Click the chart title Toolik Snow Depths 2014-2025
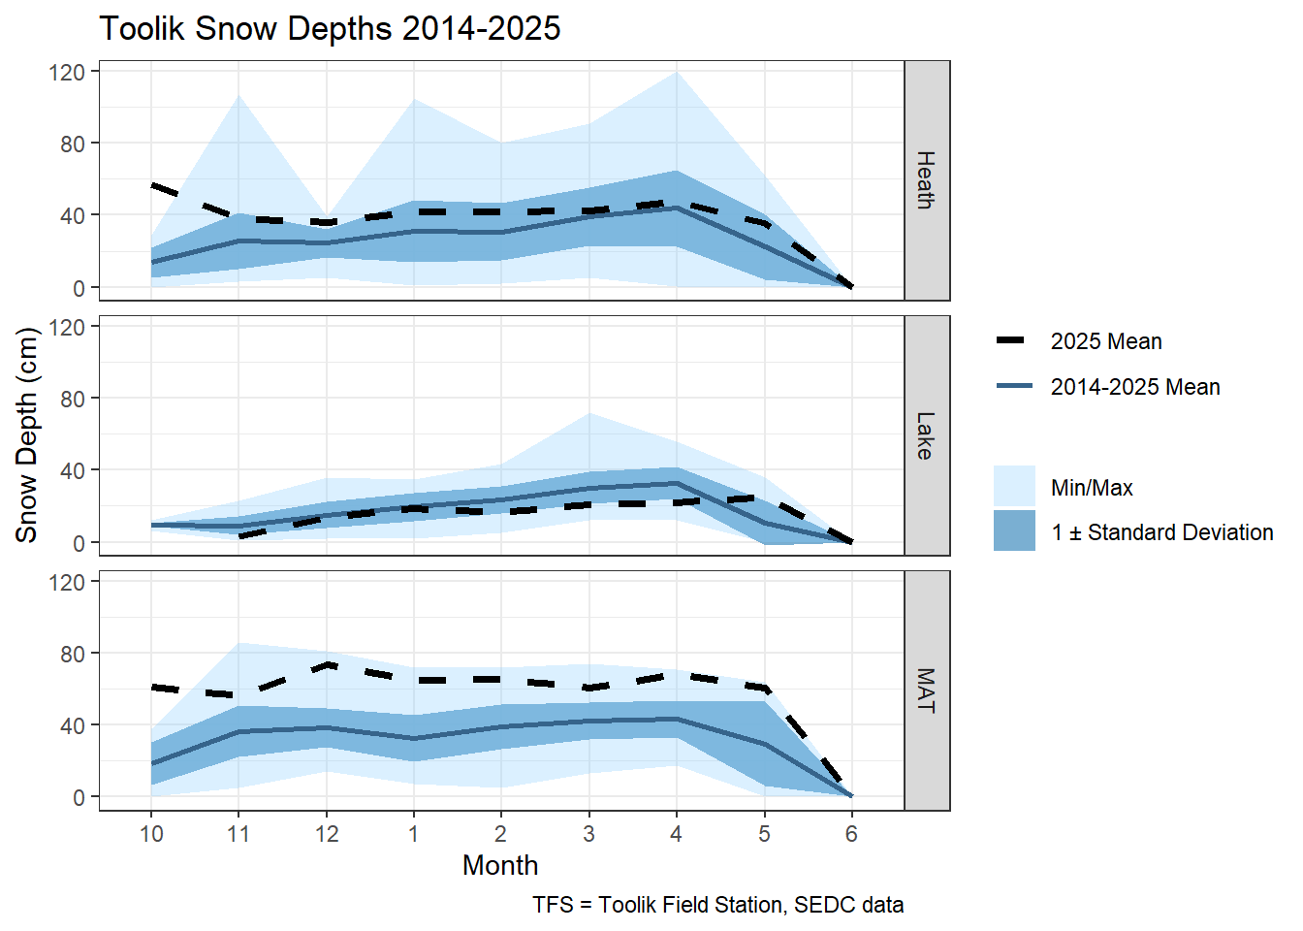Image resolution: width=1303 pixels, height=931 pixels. [330, 29]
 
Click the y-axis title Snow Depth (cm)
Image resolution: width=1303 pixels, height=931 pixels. [27, 434]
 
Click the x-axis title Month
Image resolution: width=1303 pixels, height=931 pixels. [500, 865]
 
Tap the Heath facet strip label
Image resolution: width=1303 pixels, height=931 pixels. [926, 180]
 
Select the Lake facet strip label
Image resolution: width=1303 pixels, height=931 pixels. [926, 435]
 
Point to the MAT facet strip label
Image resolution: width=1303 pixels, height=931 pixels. [926, 690]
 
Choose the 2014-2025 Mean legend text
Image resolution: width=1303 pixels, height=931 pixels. [1134, 387]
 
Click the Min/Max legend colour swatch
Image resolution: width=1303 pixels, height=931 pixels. [1014, 487]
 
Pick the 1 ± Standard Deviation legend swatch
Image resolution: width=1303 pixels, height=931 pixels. [1014, 531]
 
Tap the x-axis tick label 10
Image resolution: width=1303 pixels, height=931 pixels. [151, 834]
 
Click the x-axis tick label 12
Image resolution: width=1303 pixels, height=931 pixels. [327, 834]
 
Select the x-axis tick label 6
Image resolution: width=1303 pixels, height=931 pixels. [851, 834]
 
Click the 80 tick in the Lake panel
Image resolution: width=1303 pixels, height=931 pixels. [73, 399]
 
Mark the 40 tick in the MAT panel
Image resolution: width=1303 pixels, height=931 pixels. [73, 725]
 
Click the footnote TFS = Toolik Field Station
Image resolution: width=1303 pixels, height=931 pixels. [717, 905]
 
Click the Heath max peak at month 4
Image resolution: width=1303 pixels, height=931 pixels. [677, 73]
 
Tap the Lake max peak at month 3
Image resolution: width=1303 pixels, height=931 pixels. [589, 414]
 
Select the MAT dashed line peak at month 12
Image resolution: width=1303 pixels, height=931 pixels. [328, 665]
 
